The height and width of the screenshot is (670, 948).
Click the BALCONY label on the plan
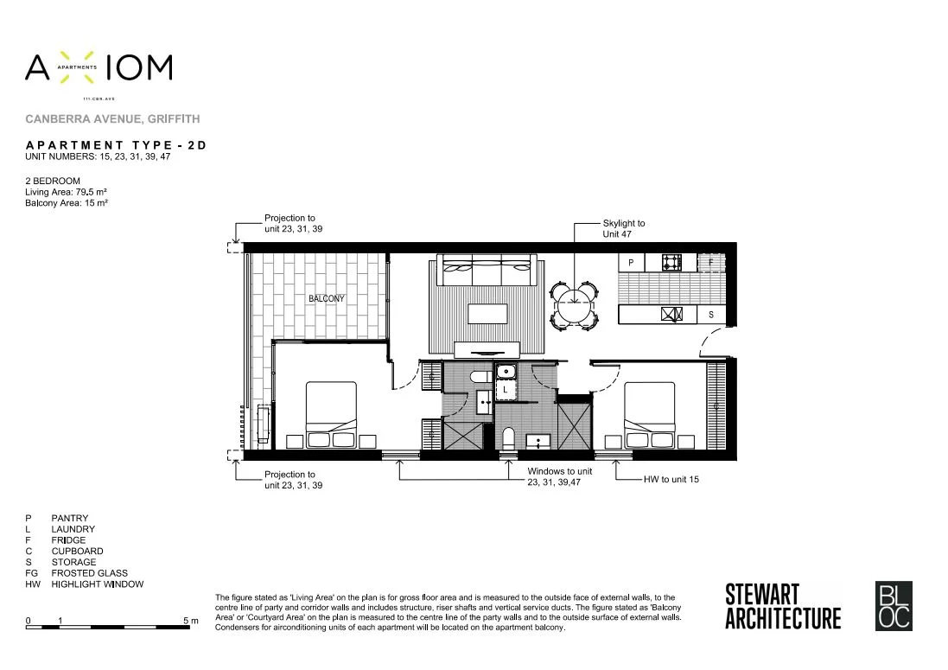327,299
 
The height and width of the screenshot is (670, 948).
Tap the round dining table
575,304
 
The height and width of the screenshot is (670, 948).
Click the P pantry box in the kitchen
631,261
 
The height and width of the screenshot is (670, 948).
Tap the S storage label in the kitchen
711,315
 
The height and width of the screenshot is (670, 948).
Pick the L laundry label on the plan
506,390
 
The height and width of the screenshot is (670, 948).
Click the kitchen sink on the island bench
672,315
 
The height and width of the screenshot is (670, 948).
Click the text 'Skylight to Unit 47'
624,228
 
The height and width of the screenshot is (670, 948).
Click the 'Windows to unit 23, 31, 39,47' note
560,477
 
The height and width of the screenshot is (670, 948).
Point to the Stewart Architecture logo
782,607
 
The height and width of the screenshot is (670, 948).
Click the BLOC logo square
894,607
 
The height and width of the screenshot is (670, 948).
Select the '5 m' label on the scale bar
190,621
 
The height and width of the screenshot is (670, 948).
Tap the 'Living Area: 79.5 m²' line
67,191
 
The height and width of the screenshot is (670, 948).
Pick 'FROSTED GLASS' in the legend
89,573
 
